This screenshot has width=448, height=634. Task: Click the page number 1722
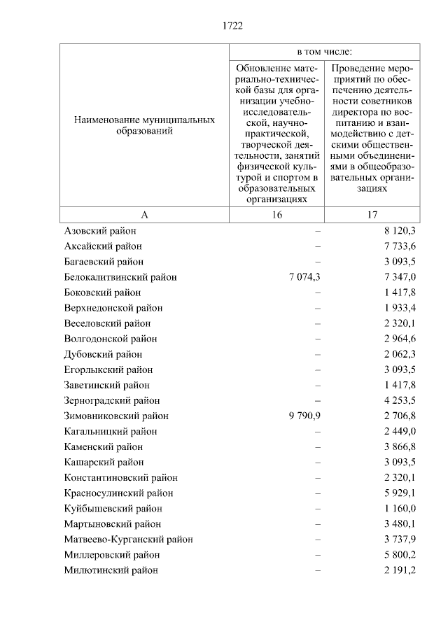pyautogui.click(x=232, y=26)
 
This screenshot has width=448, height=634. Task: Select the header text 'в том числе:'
pyautogui.click(x=325, y=52)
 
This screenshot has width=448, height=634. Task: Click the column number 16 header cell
pyautogui.click(x=278, y=216)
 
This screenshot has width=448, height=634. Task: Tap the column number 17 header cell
pyautogui.click(x=372, y=216)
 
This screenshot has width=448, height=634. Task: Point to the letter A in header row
pyautogui.click(x=144, y=216)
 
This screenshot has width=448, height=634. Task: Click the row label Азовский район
pyautogui.click(x=100, y=231)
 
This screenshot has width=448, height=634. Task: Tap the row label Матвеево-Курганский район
pyautogui.click(x=128, y=539)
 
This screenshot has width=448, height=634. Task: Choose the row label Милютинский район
pyautogui.click(x=111, y=570)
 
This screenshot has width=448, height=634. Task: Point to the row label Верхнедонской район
pyautogui.click(x=113, y=308)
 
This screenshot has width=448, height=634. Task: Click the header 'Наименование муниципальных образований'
pyautogui.click(x=144, y=126)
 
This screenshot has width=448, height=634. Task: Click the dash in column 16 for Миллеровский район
pyautogui.click(x=318, y=554)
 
